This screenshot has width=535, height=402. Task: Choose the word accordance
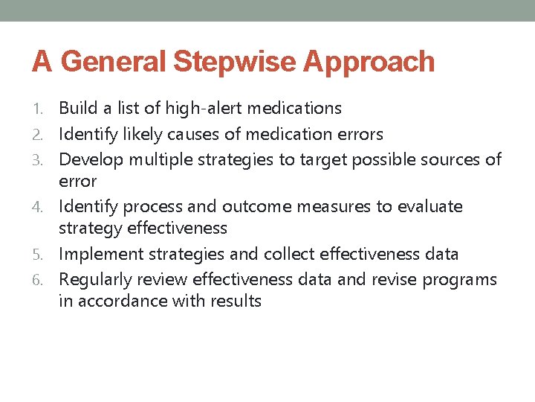[x=115, y=301]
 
